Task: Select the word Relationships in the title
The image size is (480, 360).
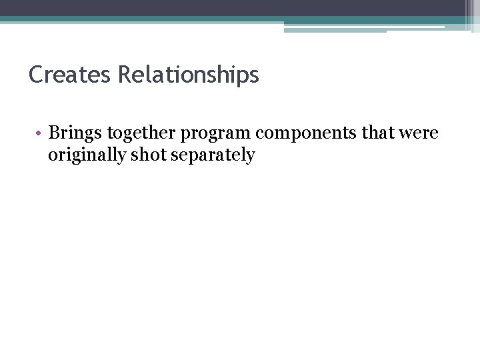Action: pos(188,75)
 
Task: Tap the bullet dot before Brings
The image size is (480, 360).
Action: pos(40,134)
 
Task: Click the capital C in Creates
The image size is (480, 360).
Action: pos(36,74)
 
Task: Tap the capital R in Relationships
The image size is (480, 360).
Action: pos(124,74)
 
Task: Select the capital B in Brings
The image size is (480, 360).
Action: pos(55,133)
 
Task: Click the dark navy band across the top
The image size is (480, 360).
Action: pos(233,7)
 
